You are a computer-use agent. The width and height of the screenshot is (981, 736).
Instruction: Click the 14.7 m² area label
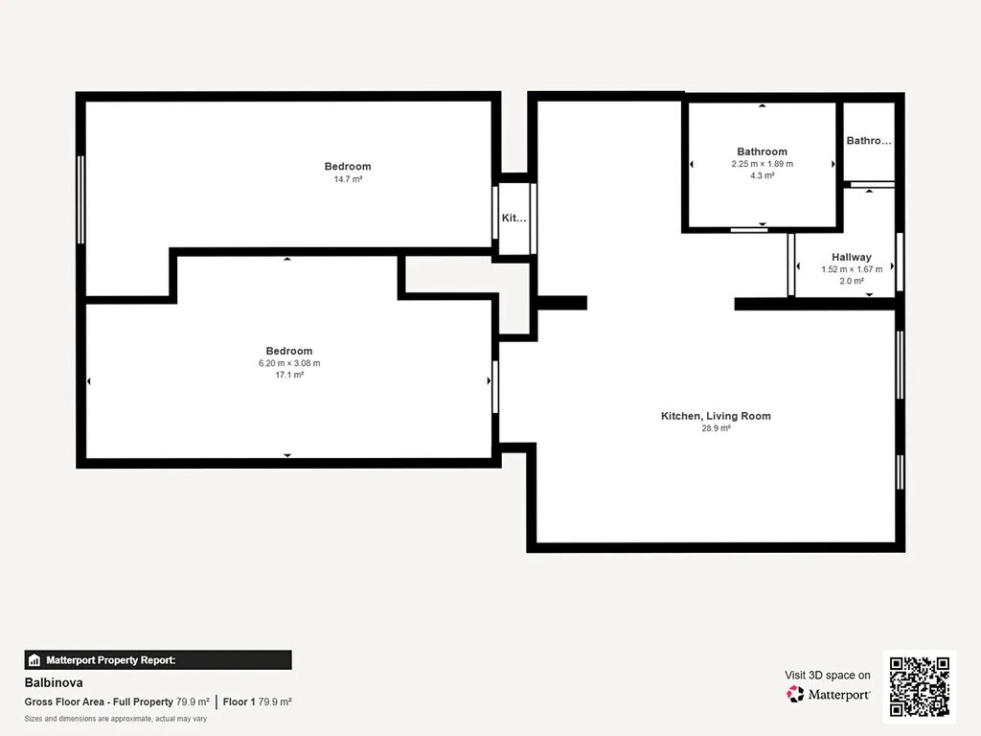click(348, 179)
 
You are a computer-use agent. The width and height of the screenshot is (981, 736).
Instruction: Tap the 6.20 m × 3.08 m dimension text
click(289, 363)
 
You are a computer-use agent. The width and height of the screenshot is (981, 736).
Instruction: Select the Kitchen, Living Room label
click(716, 416)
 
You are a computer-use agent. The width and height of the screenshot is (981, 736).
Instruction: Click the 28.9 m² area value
click(716, 428)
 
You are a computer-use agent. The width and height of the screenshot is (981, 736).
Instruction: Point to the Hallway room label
click(851, 257)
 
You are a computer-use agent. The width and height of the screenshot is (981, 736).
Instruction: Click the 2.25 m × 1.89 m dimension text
click(762, 164)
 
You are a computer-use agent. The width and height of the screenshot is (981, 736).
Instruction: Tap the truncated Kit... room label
click(513, 218)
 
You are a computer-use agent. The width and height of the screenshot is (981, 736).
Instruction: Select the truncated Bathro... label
click(868, 141)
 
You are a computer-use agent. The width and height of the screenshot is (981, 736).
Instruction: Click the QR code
click(919, 686)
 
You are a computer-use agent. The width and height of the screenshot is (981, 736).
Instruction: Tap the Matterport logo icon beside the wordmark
click(795, 694)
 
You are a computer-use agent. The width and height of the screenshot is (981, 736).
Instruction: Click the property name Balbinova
click(54, 682)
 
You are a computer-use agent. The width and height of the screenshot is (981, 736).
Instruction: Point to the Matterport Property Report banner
click(158, 660)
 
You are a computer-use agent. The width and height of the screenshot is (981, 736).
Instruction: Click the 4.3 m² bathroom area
click(762, 176)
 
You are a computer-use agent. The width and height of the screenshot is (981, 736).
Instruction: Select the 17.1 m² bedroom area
click(289, 375)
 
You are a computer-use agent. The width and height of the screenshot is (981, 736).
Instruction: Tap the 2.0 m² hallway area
click(852, 281)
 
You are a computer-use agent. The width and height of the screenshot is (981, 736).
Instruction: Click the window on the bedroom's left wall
click(80, 199)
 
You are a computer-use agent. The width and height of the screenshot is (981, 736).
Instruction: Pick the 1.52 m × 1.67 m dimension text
click(852, 269)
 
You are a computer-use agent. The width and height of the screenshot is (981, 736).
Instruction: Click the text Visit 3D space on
click(827, 676)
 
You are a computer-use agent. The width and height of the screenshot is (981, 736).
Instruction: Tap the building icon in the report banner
click(34, 660)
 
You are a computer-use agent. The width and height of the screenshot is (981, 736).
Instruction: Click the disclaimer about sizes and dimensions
click(116, 719)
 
